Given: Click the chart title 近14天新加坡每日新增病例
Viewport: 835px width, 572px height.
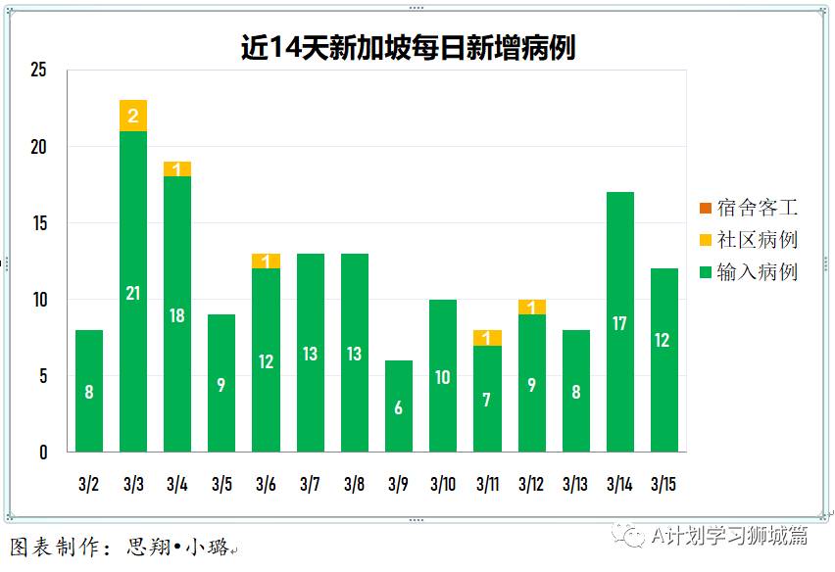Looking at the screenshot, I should click(409, 48).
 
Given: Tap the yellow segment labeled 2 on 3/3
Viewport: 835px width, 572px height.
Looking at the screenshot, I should click(133, 116).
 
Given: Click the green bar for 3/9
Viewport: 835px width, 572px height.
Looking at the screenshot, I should click(398, 405).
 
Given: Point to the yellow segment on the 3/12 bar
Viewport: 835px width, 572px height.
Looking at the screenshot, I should click(531, 307).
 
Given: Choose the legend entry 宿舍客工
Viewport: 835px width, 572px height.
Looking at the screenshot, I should click(747, 208).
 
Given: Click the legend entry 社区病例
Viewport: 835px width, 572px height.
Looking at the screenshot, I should click(747, 240).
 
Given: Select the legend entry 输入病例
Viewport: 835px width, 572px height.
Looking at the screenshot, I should click(747, 272).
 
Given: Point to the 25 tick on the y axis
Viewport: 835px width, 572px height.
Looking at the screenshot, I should click(38, 71).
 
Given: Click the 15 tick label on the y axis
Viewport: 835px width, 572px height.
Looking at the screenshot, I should click(38, 223).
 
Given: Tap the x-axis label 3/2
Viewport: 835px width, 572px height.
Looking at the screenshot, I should click(88, 484).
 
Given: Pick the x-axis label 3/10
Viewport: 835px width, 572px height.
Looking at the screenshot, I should click(442, 484).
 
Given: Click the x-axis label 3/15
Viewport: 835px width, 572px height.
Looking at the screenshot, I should click(663, 484).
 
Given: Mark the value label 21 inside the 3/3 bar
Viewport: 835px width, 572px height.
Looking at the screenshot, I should click(133, 293).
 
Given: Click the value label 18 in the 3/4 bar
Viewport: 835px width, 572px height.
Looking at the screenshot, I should click(177, 315).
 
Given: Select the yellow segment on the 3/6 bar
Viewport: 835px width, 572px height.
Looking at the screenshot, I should click(266, 262).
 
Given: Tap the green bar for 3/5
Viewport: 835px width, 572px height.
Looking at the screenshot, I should click(221, 383).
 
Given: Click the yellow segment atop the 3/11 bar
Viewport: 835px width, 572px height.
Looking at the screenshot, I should click(486, 338).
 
